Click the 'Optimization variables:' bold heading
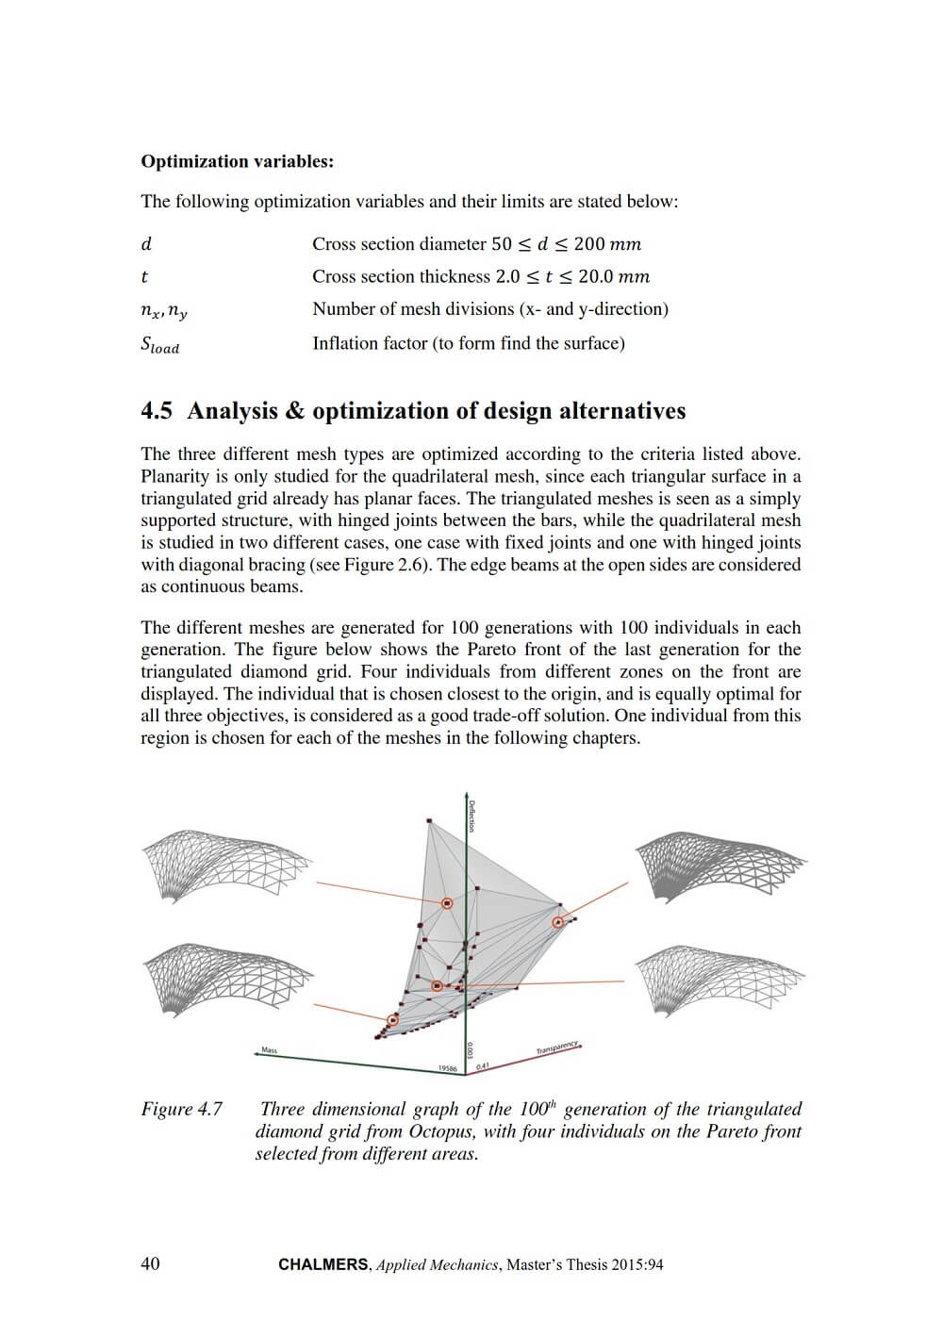[237, 161]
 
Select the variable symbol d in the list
[146, 244]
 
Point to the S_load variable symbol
[159, 345]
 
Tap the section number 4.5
[157, 411]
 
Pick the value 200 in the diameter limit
[588, 244]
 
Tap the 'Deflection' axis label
[471, 816]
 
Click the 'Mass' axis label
[270, 1049]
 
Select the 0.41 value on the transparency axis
[483, 1066]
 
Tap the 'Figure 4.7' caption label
[182, 1110]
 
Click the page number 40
[150, 1264]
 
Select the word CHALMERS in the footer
[323, 1265]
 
